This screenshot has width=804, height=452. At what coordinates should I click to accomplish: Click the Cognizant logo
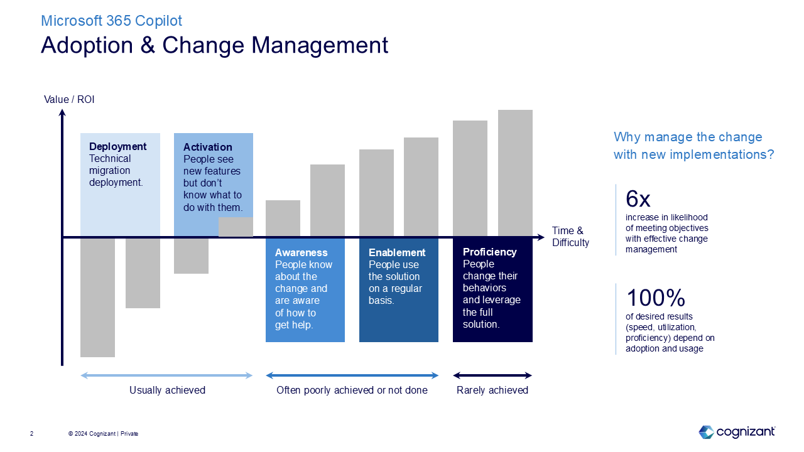pos(736,432)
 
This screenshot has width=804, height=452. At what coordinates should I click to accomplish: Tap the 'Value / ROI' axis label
pos(69,99)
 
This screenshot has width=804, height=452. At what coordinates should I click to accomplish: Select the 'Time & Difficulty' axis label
pos(570,237)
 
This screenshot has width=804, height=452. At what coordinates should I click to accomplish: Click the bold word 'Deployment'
pos(117,146)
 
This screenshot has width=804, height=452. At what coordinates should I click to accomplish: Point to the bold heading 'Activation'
pos(207,147)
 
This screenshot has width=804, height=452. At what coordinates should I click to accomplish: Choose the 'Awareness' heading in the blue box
pos(301,252)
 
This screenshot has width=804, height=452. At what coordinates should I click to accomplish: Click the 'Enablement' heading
pos(397,252)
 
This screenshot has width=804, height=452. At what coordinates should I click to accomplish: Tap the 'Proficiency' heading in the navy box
pos(489,252)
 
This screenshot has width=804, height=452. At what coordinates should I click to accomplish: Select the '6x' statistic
pos(638,200)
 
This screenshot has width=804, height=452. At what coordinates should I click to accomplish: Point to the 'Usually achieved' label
pos(167,390)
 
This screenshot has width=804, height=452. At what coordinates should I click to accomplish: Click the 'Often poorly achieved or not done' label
pos(352,390)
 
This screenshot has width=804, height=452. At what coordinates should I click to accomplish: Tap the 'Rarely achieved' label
pos(492,390)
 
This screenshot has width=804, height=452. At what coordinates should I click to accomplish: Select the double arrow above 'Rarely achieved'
pos(492,375)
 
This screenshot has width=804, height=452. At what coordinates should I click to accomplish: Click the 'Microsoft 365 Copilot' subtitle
pos(111,21)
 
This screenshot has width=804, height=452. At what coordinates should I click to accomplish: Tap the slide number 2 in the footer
pos(32,434)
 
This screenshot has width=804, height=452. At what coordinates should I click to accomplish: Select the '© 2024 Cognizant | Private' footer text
pos(103,434)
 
